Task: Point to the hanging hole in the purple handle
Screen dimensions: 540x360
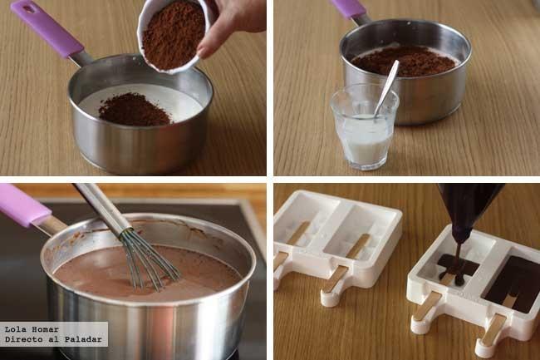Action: tap(30, 9)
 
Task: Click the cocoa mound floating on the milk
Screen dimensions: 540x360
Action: tap(135, 110)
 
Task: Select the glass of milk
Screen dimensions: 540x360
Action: tap(365, 127)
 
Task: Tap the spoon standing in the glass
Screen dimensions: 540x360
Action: tap(387, 88)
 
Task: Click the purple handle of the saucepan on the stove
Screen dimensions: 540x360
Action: tap(24, 206)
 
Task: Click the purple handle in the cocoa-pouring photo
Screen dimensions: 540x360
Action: tap(47, 29)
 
